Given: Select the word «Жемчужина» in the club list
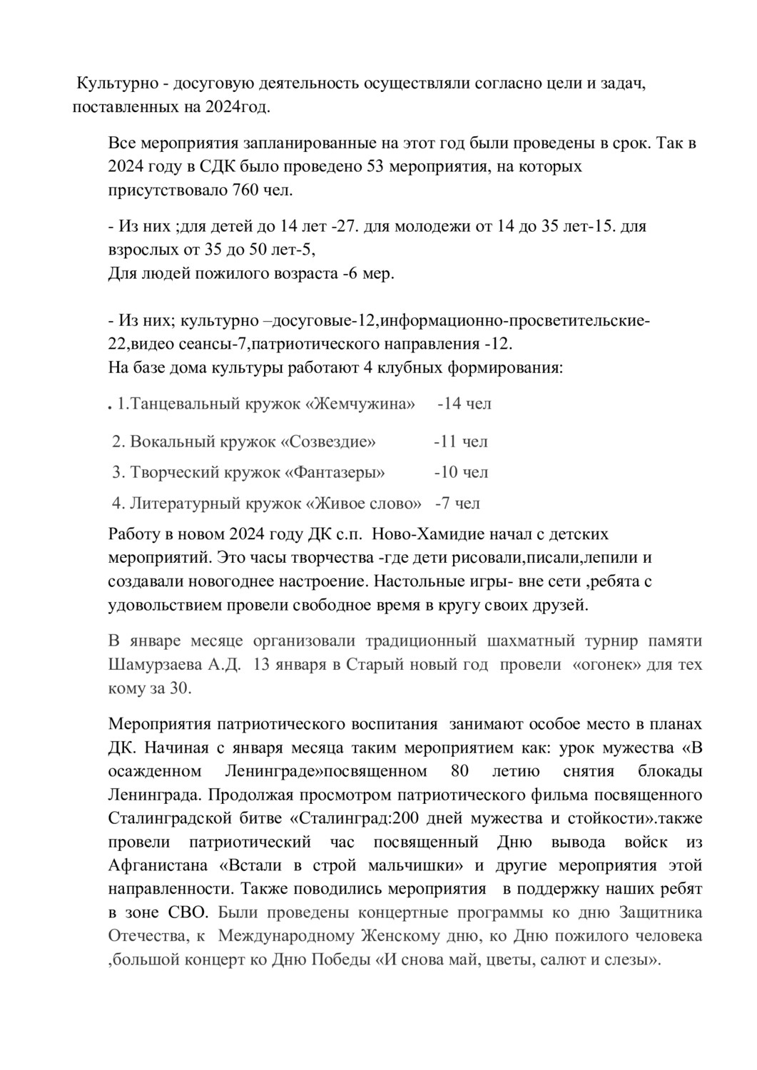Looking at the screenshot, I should click(x=360, y=404).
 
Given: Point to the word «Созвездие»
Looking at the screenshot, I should click(x=329, y=442).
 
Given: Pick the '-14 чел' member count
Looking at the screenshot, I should click(x=464, y=404).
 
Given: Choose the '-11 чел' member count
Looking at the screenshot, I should click(x=461, y=442).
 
